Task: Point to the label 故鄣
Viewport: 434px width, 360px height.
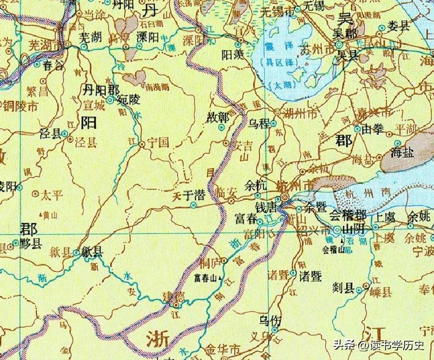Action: [x=217, y=117]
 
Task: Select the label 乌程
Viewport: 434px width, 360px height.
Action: [x=259, y=123]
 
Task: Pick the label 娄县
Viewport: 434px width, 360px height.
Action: [x=398, y=27]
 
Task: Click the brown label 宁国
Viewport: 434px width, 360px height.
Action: [x=158, y=144]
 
